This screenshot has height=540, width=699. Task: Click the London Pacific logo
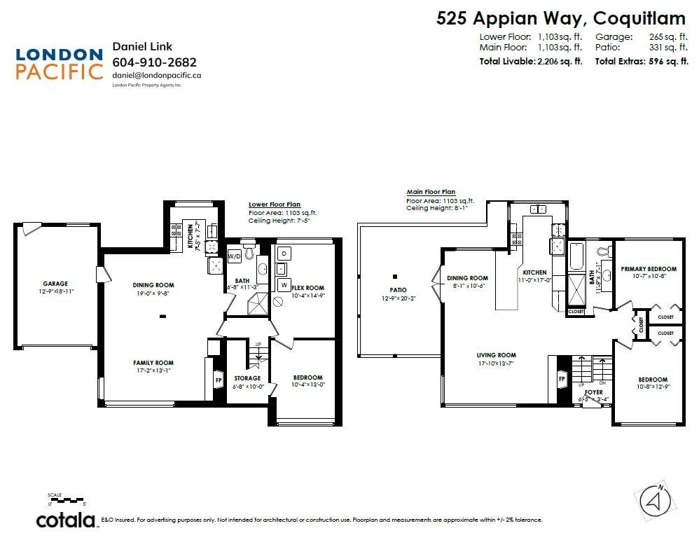59,63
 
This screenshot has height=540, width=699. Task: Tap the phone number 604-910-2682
154,62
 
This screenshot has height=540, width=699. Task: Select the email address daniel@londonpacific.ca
157,74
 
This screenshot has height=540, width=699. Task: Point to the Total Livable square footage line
531,62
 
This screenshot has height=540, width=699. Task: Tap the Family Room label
153,363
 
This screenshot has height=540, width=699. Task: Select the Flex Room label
307,288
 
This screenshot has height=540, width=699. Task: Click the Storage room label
247,378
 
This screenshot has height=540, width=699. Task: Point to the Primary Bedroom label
648,269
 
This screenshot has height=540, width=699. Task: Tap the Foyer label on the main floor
593,392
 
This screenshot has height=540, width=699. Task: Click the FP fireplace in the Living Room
561,380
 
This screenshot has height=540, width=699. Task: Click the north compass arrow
655,500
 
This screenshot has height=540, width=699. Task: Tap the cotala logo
66,520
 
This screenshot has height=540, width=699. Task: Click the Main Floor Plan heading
431,192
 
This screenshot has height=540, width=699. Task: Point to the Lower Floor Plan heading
275,205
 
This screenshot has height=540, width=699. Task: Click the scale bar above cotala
67,498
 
